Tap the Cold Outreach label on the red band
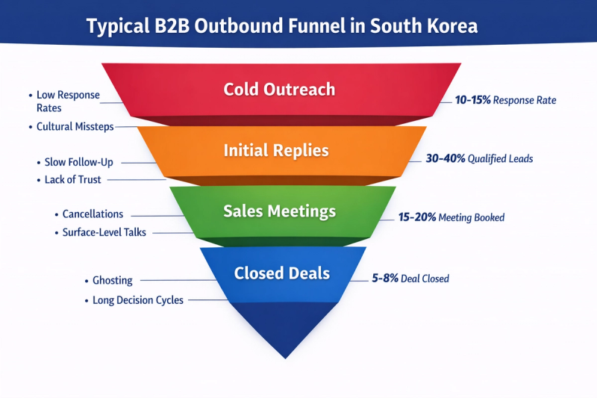pyautogui.click(x=279, y=90)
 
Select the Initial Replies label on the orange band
pyautogui.click(x=276, y=150)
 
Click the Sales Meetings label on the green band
pyautogui.click(x=279, y=211)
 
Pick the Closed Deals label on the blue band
pyautogui.click(x=281, y=273)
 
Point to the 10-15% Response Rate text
pyautogui.click(x=505, y=100)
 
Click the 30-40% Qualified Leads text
pyautogui.click(x=479, y=158)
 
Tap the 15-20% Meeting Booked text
pyautogui.click(x=451, y=217)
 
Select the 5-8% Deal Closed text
pyautogui.click(x=410, y=279)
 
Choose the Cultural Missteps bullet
pyautogui.click(x=75, y=127)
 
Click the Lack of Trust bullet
pyautogui.click(x=72, y=180)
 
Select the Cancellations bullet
pyautogui.click(x=92, y=214)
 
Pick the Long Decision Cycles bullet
pyautogui.click(x=137, y=300)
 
